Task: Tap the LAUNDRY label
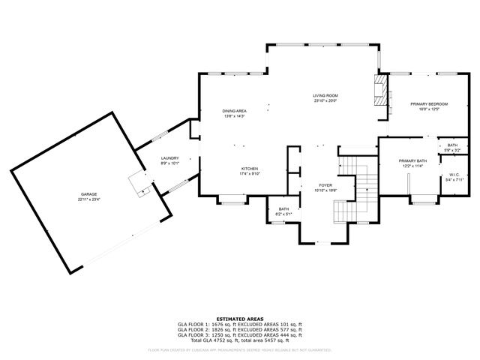[x=169, y=158]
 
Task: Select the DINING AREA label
[x=235, y=111]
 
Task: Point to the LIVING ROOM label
[x=325, y=95]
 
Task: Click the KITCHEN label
[x=250, y=169]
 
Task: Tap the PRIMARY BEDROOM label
[x=428, y=103]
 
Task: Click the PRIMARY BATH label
[x=412, y=160]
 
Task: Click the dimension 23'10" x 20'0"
[x=325, y=100]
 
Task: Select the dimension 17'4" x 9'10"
[x=250, y=174]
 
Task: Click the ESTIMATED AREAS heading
[x=239, y=319]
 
